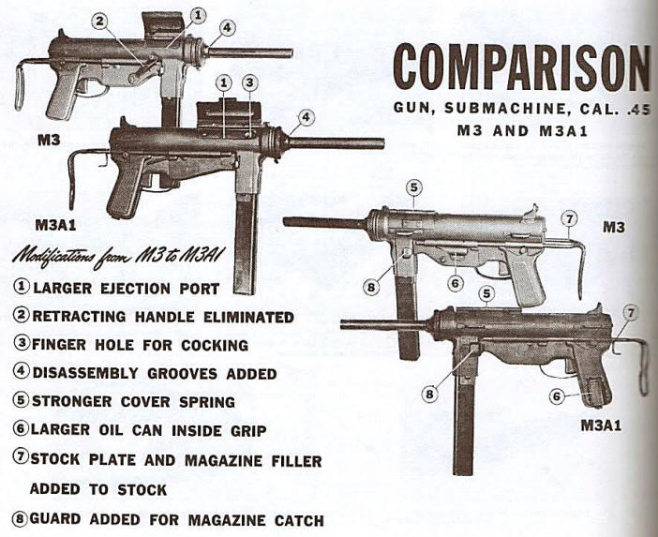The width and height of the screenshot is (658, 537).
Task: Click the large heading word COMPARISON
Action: [x=521, y=67]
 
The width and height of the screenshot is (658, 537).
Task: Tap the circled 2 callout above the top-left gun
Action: [x=99, y=21]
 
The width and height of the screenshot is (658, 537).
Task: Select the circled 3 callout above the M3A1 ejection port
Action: [x=249, y=83]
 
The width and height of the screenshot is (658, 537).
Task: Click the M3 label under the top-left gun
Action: [x=49, y=141]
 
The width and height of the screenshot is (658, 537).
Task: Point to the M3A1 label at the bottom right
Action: [x=601, y=425]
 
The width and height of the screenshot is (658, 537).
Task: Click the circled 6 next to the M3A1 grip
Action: [x=557, y=396]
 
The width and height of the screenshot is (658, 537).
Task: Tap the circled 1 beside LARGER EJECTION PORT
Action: [x=22, y=287]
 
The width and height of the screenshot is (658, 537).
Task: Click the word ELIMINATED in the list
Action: [x=248, y=317]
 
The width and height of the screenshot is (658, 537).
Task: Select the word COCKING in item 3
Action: [x=215, y=345]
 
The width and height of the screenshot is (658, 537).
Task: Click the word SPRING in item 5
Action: [x=207, y=401]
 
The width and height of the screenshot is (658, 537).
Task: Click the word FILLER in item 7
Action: [x=296, y=461]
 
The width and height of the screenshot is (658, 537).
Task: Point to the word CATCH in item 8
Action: [x=299, y=521]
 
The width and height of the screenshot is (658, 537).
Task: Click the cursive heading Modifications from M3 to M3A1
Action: [x=119, y=256]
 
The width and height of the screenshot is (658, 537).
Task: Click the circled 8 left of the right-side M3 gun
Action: [x=371, y=288]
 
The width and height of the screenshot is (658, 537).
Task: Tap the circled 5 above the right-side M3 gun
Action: [x=414, y=188]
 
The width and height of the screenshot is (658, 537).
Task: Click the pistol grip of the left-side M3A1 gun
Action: [x=123, y=186]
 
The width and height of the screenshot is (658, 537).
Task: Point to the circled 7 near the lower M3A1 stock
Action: [x=630, y=313]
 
